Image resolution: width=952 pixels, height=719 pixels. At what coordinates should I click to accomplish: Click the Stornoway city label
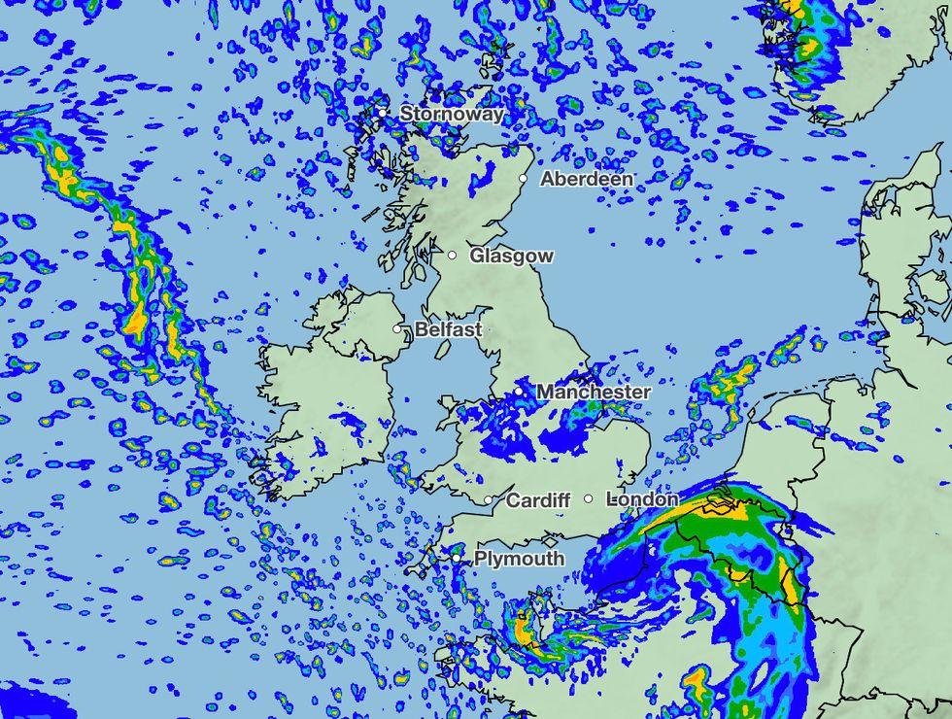point(452,114)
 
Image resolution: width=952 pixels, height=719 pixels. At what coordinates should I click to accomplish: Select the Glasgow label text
point(512,257)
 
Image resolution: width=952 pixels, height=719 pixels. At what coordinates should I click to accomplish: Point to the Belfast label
point(448,330)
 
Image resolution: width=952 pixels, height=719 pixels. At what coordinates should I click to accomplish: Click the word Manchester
point(594,393)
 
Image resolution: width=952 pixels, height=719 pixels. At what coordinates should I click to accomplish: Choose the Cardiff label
point(538,501)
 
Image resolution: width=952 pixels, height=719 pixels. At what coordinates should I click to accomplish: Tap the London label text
point(642,499)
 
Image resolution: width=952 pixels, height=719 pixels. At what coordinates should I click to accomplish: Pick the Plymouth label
point(519,560)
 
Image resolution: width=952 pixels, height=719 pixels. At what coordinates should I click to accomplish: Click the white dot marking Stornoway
point(383,113)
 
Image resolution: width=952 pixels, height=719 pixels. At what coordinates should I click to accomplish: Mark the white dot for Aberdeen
point(523,179)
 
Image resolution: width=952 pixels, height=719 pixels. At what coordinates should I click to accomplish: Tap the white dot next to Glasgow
point(452,256)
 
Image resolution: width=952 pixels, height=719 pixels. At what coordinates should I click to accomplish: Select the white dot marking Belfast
point(397,329)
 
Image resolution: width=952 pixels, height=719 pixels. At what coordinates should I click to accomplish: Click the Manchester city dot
point(519,392)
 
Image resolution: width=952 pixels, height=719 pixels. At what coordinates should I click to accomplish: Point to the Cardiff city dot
point(489,500)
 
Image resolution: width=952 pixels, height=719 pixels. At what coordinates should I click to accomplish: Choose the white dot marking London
point(588,498)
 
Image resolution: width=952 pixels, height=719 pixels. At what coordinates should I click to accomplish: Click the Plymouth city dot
point(456,559)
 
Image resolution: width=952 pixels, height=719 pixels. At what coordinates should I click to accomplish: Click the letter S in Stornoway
point(406,114)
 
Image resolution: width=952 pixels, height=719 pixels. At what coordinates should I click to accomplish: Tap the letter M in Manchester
point(546,393)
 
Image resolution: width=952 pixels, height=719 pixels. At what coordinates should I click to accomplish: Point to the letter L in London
point(611,499)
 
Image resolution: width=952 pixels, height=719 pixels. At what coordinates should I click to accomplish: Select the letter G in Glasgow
point(477,257)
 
